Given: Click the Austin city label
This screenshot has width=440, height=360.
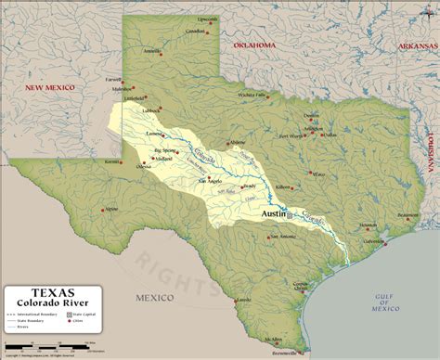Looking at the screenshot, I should coord(274,213).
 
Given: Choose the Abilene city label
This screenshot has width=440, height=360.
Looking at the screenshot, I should coord(238,142).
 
